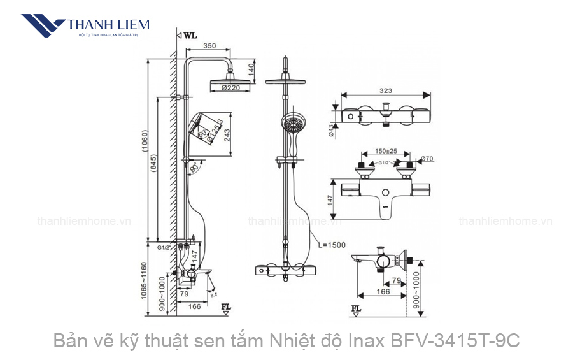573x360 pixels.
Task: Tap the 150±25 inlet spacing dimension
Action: coord(383,152)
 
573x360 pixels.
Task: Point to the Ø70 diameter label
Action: coord(426,158)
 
